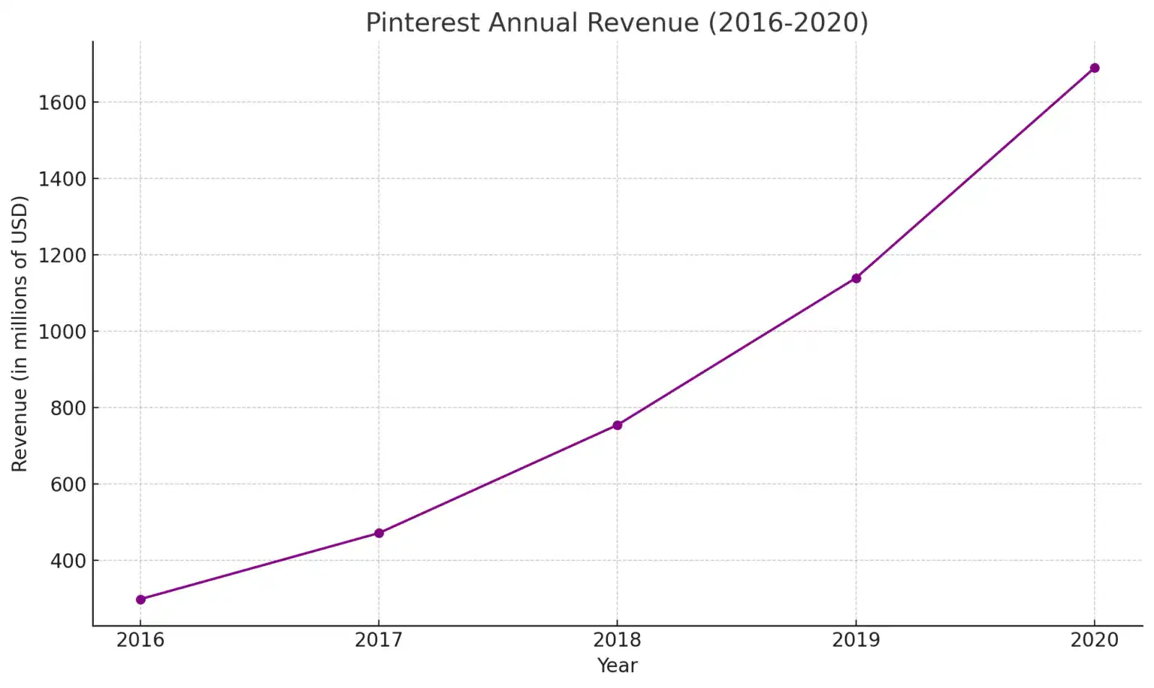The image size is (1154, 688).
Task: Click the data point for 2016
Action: point(140,599)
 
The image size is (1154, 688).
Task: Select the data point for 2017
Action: point(379,533)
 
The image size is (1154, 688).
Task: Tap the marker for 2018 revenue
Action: point(618,425)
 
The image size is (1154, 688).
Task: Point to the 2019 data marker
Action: point(856,278)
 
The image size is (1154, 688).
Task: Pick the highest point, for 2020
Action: point(1095,68)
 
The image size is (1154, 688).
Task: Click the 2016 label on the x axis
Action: point(140,640)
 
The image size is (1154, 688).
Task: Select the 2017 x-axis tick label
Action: point(379,640)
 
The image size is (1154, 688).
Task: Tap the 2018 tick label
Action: point(617,640)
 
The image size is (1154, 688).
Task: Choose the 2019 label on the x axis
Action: point(856,640)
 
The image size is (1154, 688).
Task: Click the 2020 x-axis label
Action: point(1094,640)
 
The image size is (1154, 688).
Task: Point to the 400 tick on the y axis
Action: point(68,561)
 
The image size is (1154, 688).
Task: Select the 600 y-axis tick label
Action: point(68,484)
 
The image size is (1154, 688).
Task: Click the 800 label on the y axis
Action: point(68,408)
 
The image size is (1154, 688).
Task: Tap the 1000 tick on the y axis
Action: point(62,332)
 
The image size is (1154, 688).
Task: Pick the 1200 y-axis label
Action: point(62,256)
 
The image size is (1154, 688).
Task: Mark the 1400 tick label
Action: point(62,179)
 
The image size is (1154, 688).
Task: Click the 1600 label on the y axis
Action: point(62,102)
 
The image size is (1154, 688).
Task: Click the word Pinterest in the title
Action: point(422,23)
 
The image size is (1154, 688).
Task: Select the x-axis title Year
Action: point(617,665)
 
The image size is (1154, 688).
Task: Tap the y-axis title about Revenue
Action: point(20,334)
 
